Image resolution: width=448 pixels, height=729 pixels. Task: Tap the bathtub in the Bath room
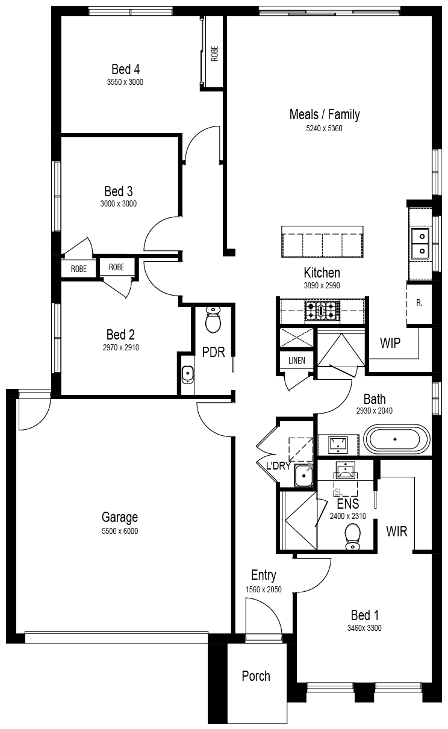click(397, 439)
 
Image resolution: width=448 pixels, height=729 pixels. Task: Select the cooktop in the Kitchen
click(322, 311)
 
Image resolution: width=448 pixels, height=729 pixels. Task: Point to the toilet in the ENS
click(352, 537)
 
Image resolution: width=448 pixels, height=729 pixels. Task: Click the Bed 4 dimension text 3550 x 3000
click(125, 82)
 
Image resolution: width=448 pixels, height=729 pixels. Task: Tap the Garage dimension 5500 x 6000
click(120, 531)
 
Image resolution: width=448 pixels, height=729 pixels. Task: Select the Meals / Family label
click(325, 114)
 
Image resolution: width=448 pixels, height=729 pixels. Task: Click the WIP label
click(390, 343)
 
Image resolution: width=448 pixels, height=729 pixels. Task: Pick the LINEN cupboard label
click(297, 360)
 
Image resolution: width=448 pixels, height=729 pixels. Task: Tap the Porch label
click(256, 676)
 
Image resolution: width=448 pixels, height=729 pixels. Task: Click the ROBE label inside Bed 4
click(214, 54)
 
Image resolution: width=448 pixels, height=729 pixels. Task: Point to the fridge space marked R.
click(419, 303)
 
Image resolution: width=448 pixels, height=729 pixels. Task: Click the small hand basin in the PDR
click(187, 375)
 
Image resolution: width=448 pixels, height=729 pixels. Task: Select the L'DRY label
click(278, 466)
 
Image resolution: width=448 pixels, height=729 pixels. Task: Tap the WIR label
click(397, 532)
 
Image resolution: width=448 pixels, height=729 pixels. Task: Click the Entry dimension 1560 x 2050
click(263, 589)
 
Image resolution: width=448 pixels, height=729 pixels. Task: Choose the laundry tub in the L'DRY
click(303, 476)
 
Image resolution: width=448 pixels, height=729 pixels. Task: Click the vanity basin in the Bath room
click(338, 444)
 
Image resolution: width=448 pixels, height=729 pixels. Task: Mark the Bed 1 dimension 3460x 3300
click(364, 628)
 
